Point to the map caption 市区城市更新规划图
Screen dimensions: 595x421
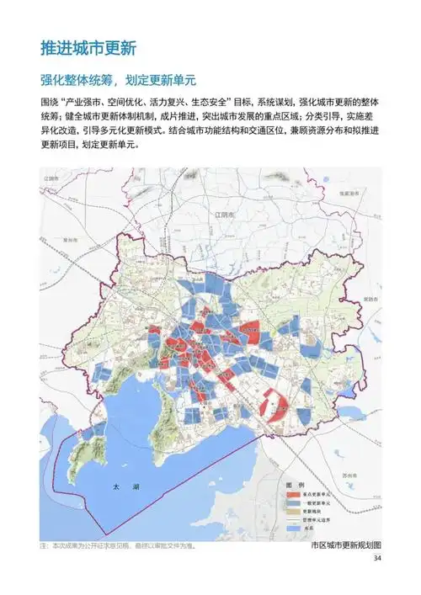pyautogui.click(x=345, y=545)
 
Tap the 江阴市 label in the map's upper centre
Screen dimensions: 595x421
pyautogui.click(x=223, y=215)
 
